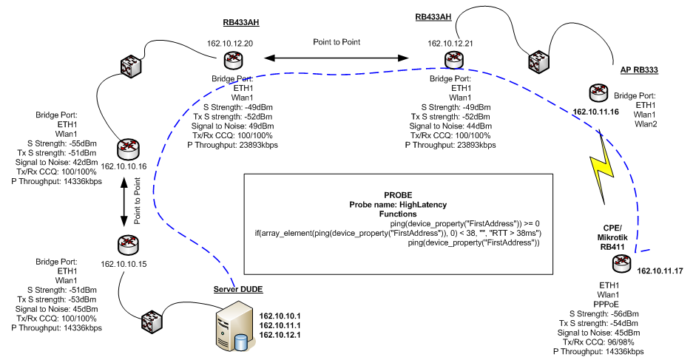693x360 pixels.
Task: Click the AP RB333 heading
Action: click(x=640, y=69)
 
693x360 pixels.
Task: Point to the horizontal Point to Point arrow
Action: click(x=337, y=56)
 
